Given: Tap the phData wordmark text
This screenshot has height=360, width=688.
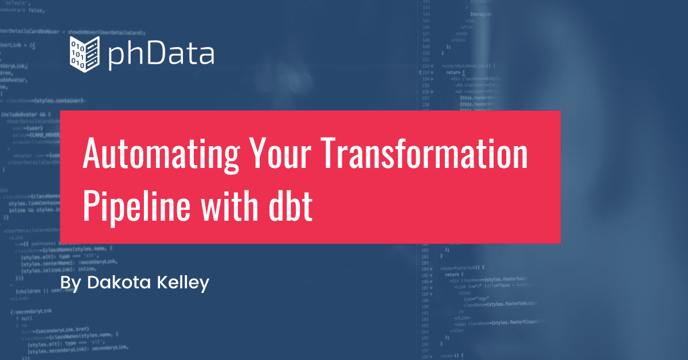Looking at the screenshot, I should click(x=161, y=54).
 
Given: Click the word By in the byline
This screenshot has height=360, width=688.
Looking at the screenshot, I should click(x=71, y=283).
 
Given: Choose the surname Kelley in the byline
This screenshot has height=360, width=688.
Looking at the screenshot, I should click(x=181, y=283).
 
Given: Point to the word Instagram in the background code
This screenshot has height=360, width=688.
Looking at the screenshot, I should click(x=480, y=13).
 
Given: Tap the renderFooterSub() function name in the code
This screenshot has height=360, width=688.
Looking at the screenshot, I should click(x=463, y=267).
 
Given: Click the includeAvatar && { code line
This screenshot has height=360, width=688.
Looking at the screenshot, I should click(x=26, y=115).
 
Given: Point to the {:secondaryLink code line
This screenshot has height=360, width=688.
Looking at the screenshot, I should click(x=31, y=311).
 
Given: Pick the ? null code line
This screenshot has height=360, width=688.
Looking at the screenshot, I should click(x=25, y=318).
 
